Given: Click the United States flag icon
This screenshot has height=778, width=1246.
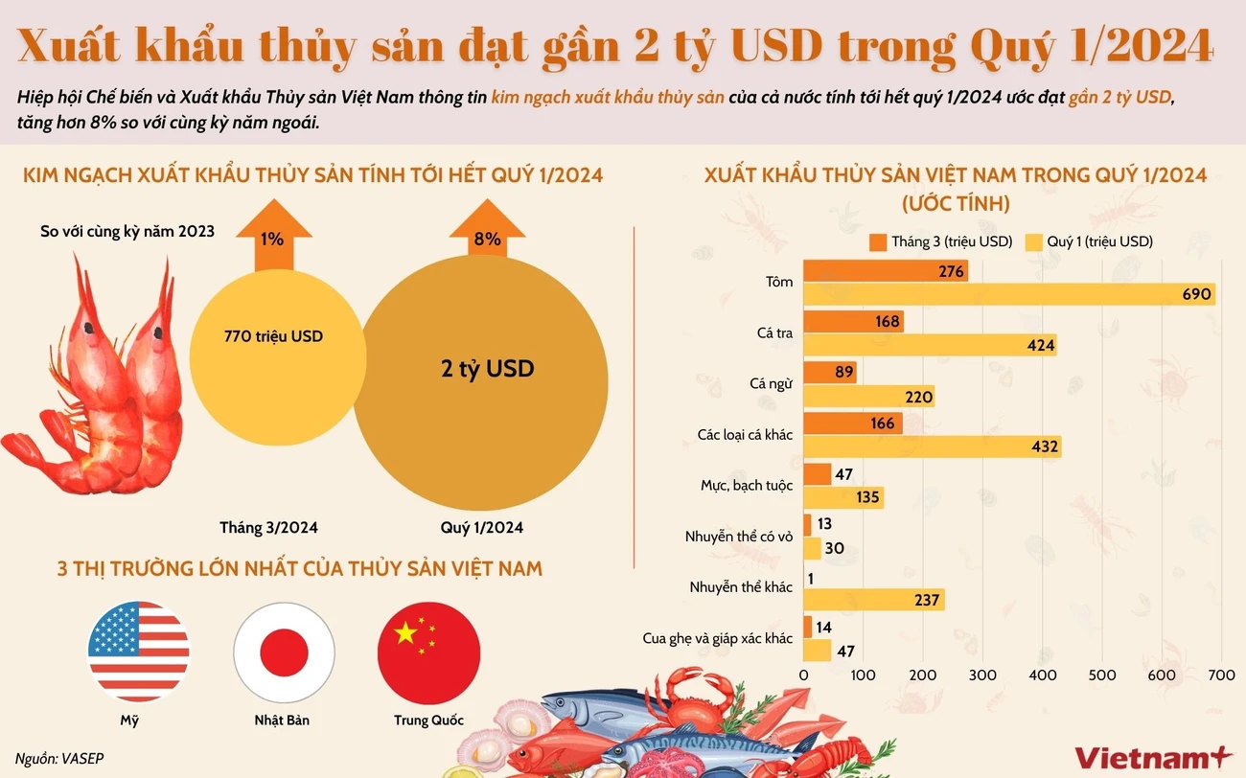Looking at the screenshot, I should [139, 652].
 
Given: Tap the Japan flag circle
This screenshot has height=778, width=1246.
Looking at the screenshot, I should [284, 652].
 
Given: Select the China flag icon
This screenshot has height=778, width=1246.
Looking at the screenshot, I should [428, 652].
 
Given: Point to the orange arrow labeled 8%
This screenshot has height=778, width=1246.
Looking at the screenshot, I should [487, 235].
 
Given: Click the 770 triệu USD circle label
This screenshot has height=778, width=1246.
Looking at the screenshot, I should [273, 336].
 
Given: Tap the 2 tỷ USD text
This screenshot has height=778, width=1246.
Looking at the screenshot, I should [487, 369].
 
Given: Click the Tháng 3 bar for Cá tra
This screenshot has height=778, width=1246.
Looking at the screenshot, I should [852, 321].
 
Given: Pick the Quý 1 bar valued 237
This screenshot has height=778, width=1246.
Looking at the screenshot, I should [873, 600].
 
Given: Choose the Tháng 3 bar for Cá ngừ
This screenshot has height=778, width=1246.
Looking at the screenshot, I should [829, 372].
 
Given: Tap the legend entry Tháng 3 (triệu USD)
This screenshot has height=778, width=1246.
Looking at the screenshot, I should [940, 241].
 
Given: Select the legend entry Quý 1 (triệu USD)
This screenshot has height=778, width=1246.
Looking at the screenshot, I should [1089, 241].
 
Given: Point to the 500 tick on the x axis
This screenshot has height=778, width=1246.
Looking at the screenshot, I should [1102, 675].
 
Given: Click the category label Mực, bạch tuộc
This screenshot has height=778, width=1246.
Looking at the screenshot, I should [746, 486].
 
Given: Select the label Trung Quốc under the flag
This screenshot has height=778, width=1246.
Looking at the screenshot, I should [428, 721].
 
